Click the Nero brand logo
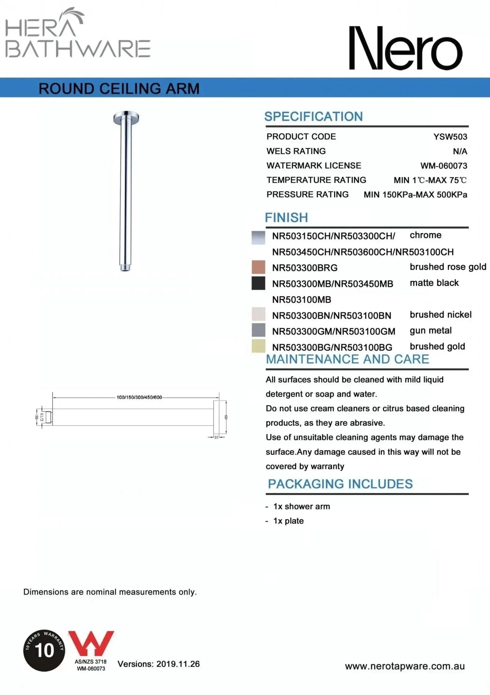[x=405, y=48]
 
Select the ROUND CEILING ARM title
[x=119, y=89]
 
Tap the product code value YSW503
[x=450, y=137]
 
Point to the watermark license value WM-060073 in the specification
[x=443, y=166]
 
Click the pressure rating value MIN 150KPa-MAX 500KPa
[x=415, y=195]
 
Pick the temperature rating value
[x=430, y=180]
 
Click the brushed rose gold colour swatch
[x=258, y=267]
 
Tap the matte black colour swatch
[x=258, y=283]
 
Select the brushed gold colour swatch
[x=258, y=346]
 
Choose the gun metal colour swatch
[x=258, y=330]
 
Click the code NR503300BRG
[x=305, y=268]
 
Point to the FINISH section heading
[x=286, y=218]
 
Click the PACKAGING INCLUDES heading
[x=340, y=484]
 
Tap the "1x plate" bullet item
[x=288, y=521]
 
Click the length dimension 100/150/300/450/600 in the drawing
[x=139, y=397]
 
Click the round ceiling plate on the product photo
[x=126, y=117]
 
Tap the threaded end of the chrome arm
[x=125, y=268]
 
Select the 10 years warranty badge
[x=44, y=650]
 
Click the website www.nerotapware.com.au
[x=405, y=666]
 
